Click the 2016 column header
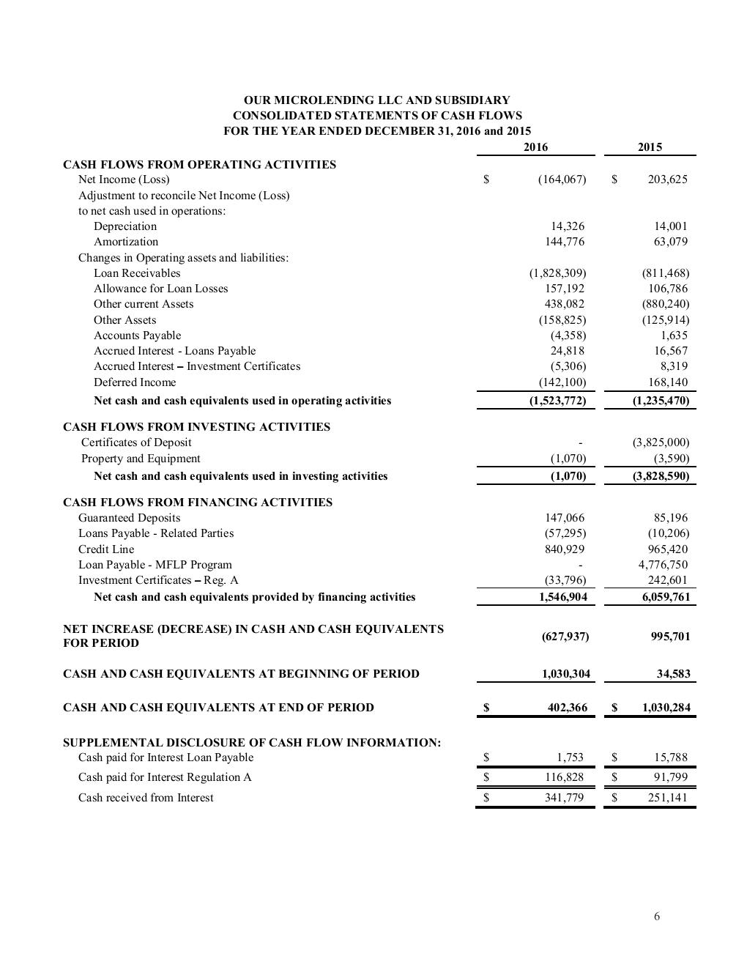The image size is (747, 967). (x=536, y=147)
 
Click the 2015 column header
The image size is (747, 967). (x=650, y=147)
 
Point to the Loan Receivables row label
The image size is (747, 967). (x=137, y=273)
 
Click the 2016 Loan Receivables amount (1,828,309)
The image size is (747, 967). (x=557, y=273)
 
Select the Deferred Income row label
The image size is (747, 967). (x=135, y=382)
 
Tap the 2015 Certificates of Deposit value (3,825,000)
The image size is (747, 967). (x=661, y=442)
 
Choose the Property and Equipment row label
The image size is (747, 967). (x=141, y=459)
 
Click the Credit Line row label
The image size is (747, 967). (x=106, y=549)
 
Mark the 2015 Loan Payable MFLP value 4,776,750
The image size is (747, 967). (x=663, y=565)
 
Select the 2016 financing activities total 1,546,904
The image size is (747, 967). (x=562, y=597)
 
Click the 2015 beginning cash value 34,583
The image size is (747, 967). (x=674, y=674)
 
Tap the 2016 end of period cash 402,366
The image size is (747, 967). (x=567, y=708)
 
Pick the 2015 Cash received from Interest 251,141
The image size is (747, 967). (x=667, y=798)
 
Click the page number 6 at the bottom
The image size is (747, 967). (x=657, y=916)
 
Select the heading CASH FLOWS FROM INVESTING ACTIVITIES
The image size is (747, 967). (x=196, y=427)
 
